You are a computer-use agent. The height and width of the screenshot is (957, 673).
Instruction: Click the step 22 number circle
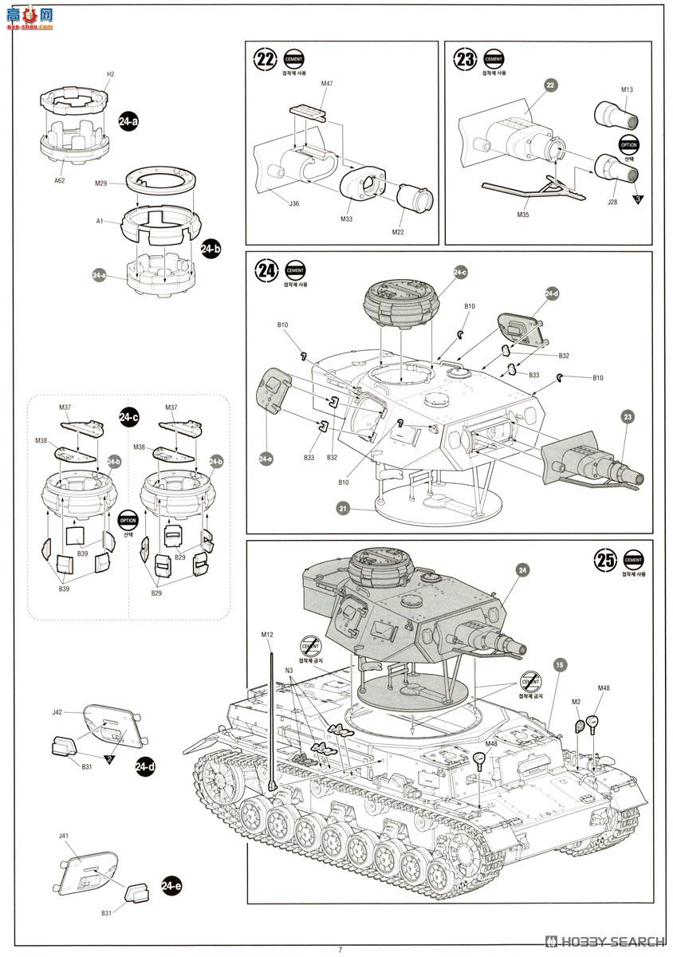point(266,60)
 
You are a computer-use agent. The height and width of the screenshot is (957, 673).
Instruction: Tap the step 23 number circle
point(465,60)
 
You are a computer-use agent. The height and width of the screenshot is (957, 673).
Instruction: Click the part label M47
point(327,83)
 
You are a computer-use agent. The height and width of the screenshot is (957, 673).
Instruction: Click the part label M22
point(399,232)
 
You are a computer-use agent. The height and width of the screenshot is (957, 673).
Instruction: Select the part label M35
point(523,215)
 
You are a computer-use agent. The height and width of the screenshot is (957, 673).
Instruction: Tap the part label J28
point(612,203)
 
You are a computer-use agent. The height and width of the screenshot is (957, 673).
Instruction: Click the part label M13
point(626,89)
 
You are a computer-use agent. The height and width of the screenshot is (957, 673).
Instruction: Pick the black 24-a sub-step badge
point(128,121)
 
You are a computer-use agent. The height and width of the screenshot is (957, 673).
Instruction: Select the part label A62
point(60,181)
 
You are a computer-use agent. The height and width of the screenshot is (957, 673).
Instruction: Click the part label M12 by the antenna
point(267,635)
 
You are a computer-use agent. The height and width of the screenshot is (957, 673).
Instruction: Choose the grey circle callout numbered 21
point(344,507)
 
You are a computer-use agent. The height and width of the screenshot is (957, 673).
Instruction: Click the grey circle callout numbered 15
point(561,664)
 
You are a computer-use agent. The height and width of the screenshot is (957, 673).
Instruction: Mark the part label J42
point(57,711)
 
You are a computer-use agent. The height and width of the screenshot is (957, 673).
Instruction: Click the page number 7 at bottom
point(340,949)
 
